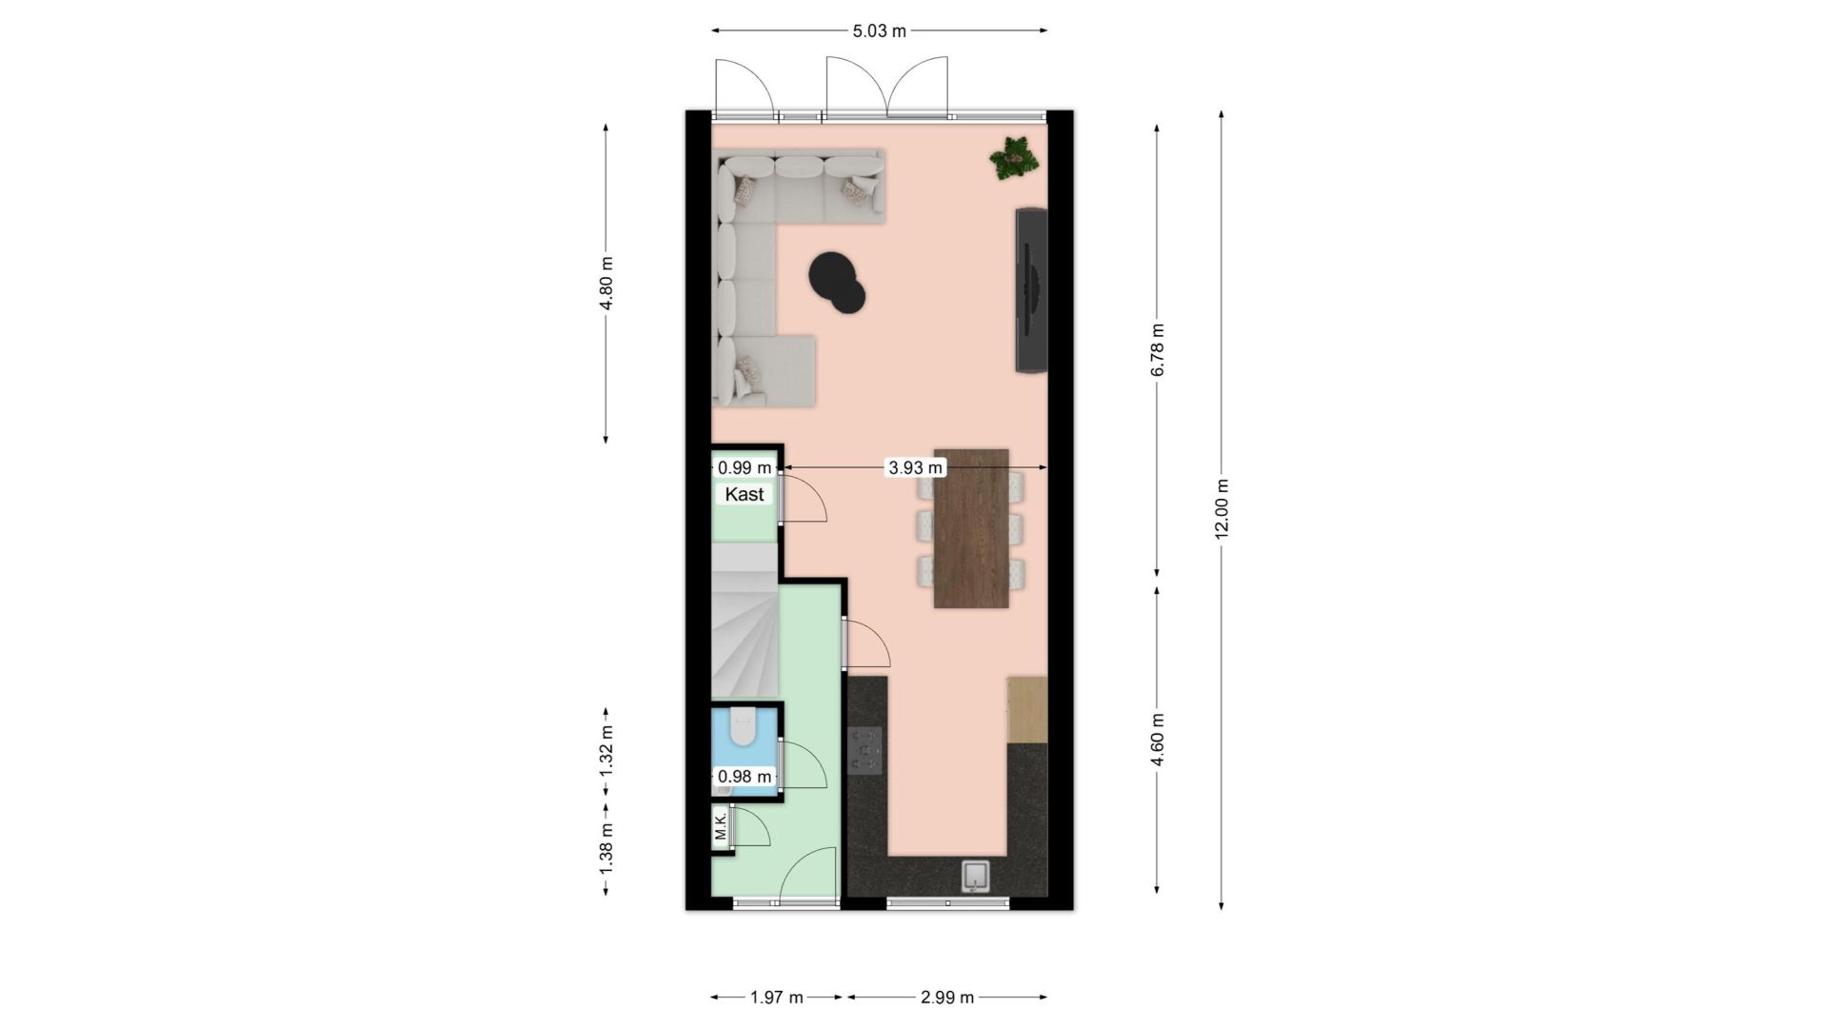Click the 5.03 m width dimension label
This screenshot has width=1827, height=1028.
coord(879,30)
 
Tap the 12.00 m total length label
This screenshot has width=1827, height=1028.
coord(1221,508)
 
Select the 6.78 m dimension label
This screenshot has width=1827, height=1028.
coord(1157,350)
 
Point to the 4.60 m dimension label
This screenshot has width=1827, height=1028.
coord(1157,740)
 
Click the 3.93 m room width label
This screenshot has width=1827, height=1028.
coord(915,467)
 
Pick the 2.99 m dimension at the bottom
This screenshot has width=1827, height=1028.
coord(946,998)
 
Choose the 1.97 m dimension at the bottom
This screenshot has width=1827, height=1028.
coord(777,998)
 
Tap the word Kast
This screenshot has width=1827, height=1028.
coord(745,494)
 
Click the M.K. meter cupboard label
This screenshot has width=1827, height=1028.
coord(721,826)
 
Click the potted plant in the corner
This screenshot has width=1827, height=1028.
coord(1015,157)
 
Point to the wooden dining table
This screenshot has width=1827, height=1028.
coord(971,527)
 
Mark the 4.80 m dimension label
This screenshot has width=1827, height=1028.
coord(606,284)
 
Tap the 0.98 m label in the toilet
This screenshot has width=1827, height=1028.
coord(745,777)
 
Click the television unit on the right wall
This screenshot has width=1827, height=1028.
coord(1031,289)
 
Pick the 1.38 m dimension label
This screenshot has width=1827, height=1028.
coord(606,848)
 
